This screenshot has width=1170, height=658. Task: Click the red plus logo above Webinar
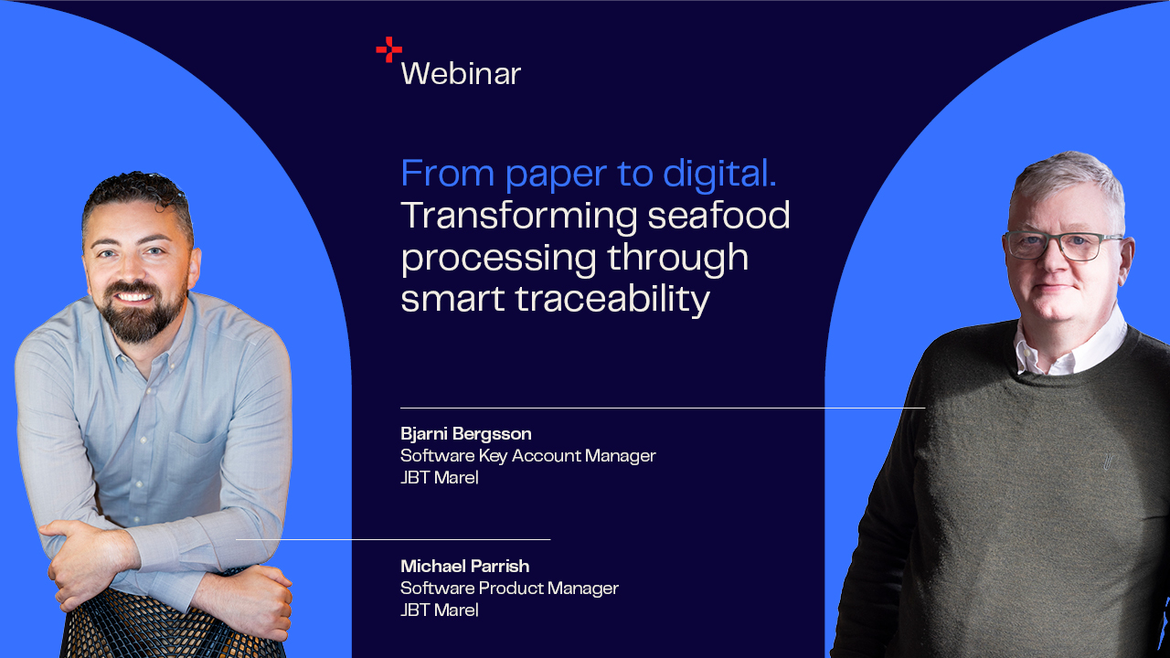pyautogui.click(x=389, y=49)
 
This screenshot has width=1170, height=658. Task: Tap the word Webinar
pyautogui.click(x=461, y=74)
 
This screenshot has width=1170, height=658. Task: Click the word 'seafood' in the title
pyautogui.click(x=718, y=215)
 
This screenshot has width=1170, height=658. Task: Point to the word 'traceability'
pyautogui.click(x=612, y=300)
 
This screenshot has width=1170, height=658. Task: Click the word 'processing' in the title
pyautogui.click(x=498, y=259)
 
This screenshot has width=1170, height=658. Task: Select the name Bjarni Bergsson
pyautogui.click(x=466, y=434)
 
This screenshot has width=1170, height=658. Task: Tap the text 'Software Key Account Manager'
pyautogui.click(x=528, y=456)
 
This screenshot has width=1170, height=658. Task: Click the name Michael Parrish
pyautogui.click(x=465, y=566)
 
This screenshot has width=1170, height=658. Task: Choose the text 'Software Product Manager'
pyautogui.click(x=509, y=589)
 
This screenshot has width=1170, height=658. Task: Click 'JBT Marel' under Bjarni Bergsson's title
pyautogui.click(x=440, y=478)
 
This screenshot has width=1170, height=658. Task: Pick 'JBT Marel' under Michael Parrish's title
pyautogui.click(x=440, y=610)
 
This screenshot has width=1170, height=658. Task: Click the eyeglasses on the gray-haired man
pyautogui.click(x=1063, y=246)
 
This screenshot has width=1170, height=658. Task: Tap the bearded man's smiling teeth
pyautogui.click(x=134, y=298)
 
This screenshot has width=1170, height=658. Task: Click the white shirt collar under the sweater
pyautogui.click(x=1070, y=345)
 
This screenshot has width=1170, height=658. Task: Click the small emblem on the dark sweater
pyautogui.click(x=1106, y=462)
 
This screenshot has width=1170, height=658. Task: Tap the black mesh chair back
pyautogui.click(x=173, y=627)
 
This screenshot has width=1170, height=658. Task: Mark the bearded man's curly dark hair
pyautogui.click(x=137, y=195)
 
